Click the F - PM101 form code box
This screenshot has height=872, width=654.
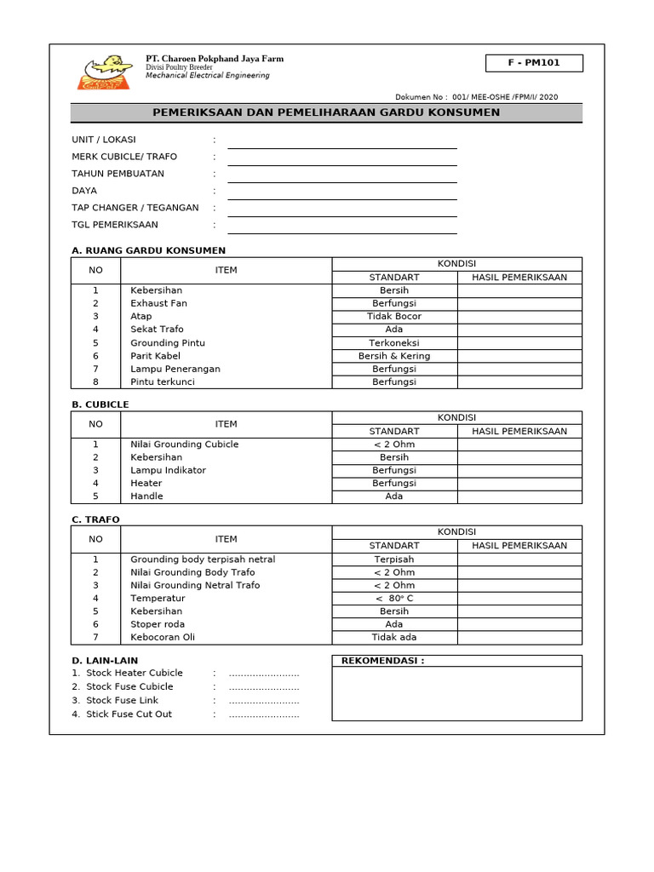tap(534, 63)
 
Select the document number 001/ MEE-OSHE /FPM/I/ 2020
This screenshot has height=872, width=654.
tap(505, 97)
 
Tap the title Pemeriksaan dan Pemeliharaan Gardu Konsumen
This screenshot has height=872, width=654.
tap(326, 112)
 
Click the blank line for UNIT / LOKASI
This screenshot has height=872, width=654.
tap(341, 141)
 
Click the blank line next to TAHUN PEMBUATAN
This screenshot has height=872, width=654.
tap(341, 175)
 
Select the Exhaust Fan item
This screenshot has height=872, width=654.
tap(158, 303)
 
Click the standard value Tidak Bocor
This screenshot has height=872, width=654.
tap(393, 316)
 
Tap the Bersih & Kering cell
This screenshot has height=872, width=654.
tap(393, 356)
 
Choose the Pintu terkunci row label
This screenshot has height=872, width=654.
tap(162, 382)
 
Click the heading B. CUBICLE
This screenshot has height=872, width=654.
tap(100, 404)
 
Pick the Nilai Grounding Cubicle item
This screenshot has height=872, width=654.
tap(184, 445)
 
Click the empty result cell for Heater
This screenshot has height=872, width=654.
tap(519, 483)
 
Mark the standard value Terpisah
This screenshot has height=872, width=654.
tap(393, 559)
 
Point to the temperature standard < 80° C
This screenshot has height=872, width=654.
tap(393, 599)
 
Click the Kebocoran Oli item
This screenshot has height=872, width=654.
tap(162, 637)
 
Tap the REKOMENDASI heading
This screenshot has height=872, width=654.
tap(382, 661)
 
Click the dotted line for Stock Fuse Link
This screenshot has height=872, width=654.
tap(264, 701)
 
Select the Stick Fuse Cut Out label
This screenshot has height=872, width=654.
tap(129, 714)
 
